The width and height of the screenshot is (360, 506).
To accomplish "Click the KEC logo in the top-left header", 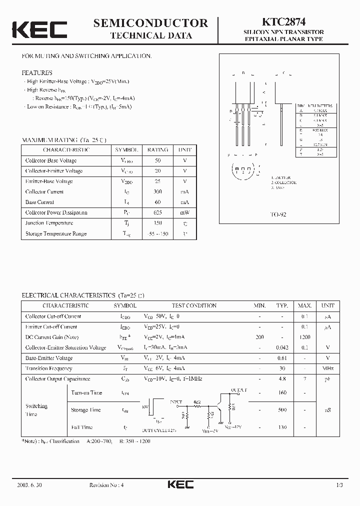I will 39,29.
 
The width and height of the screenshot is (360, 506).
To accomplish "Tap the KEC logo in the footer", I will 180,484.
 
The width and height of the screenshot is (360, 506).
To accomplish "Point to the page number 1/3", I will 340,484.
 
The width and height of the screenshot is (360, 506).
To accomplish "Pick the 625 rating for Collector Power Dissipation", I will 158,212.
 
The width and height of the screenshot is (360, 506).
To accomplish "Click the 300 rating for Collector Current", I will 158,191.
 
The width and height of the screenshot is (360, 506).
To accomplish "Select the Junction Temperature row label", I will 49,223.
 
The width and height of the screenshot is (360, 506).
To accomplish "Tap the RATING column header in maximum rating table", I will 158,150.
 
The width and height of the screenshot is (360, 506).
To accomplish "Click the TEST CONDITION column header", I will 194,305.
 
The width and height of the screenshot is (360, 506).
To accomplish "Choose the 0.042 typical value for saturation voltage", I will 282,347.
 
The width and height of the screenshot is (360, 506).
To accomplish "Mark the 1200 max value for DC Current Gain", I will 305,337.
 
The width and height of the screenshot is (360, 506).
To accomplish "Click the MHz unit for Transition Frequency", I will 328,368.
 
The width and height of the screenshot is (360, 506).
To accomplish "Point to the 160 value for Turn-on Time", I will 282,392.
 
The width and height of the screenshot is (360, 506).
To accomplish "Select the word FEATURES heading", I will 37,73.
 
